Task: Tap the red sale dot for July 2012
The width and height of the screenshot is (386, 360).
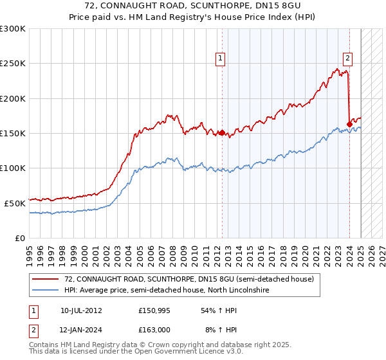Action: (222, 133)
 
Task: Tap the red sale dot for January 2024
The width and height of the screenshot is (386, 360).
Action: (349, 124)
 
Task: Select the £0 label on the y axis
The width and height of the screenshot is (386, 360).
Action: (20, 238)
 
